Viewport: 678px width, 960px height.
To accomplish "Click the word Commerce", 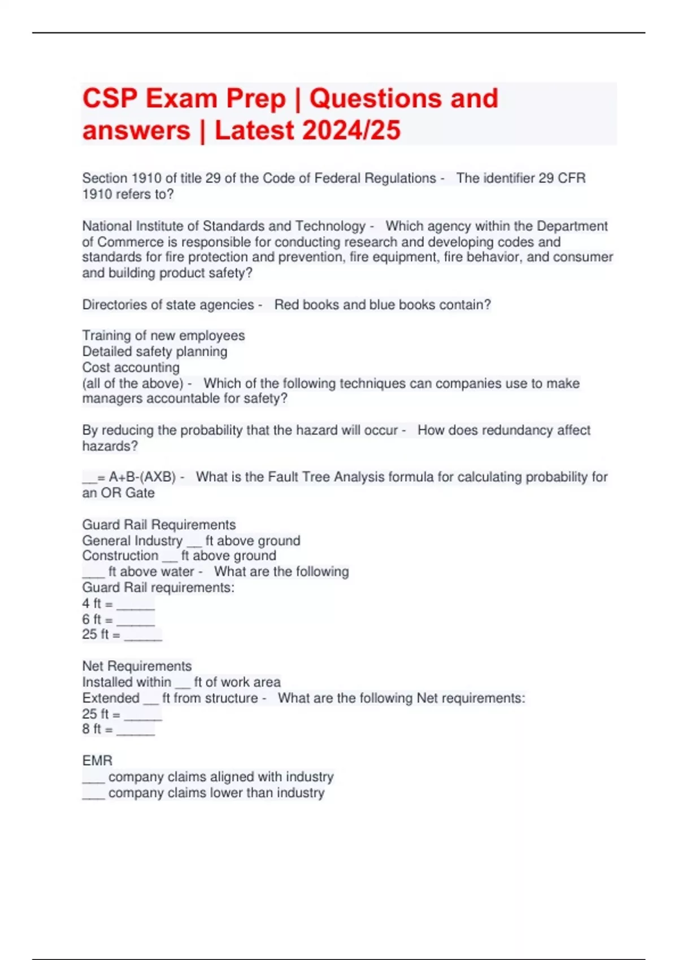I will [130, 242].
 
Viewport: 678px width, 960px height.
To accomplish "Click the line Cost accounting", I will [131, 368].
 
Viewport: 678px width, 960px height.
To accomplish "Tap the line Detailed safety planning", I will [155, 352].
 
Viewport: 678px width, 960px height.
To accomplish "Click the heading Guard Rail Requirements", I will [159, 525].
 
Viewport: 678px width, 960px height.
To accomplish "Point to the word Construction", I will [120, 556].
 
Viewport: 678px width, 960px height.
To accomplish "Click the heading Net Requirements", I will [137, 666].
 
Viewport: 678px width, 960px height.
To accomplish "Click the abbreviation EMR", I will [97, 761].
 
